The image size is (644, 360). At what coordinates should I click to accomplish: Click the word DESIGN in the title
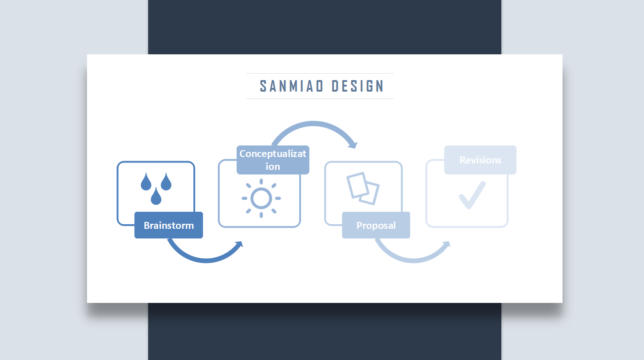click(x=358, y=86)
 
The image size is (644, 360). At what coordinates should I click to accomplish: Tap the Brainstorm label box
click(x=169, y=225)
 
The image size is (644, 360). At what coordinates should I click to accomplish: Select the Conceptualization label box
click(x=273, y=160)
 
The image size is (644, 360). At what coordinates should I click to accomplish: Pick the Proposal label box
click(x=376, y=225)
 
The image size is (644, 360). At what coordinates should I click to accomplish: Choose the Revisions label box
click(x=481, y=160)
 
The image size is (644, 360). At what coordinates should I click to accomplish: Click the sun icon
click(x=261, y=198)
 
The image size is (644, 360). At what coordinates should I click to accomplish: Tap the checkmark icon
click(x=472, y=195)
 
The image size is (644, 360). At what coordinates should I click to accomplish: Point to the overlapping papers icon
click(x=363, y=189)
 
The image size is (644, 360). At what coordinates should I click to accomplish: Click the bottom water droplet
click(x=156, y=197)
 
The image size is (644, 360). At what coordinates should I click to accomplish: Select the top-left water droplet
click(x=146, y=182)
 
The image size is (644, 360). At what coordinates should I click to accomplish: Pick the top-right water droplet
click(x=166, y=182)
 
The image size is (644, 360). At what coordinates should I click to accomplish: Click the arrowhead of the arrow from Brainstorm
click(x=239, y=245)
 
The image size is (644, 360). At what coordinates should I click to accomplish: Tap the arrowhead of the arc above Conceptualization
click(x=354, y=145)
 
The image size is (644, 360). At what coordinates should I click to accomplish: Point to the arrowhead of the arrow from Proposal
click(x=446, y=245)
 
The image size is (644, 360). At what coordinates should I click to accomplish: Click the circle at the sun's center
click(x=261, y=198)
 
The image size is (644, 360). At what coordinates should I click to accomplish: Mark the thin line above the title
click(x=320, y=73)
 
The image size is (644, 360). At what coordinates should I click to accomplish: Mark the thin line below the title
click(x=320, y=99)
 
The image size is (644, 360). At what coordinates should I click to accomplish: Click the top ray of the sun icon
click(x=261, y=181)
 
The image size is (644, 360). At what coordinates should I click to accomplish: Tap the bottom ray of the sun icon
click(x=261, y=215)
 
